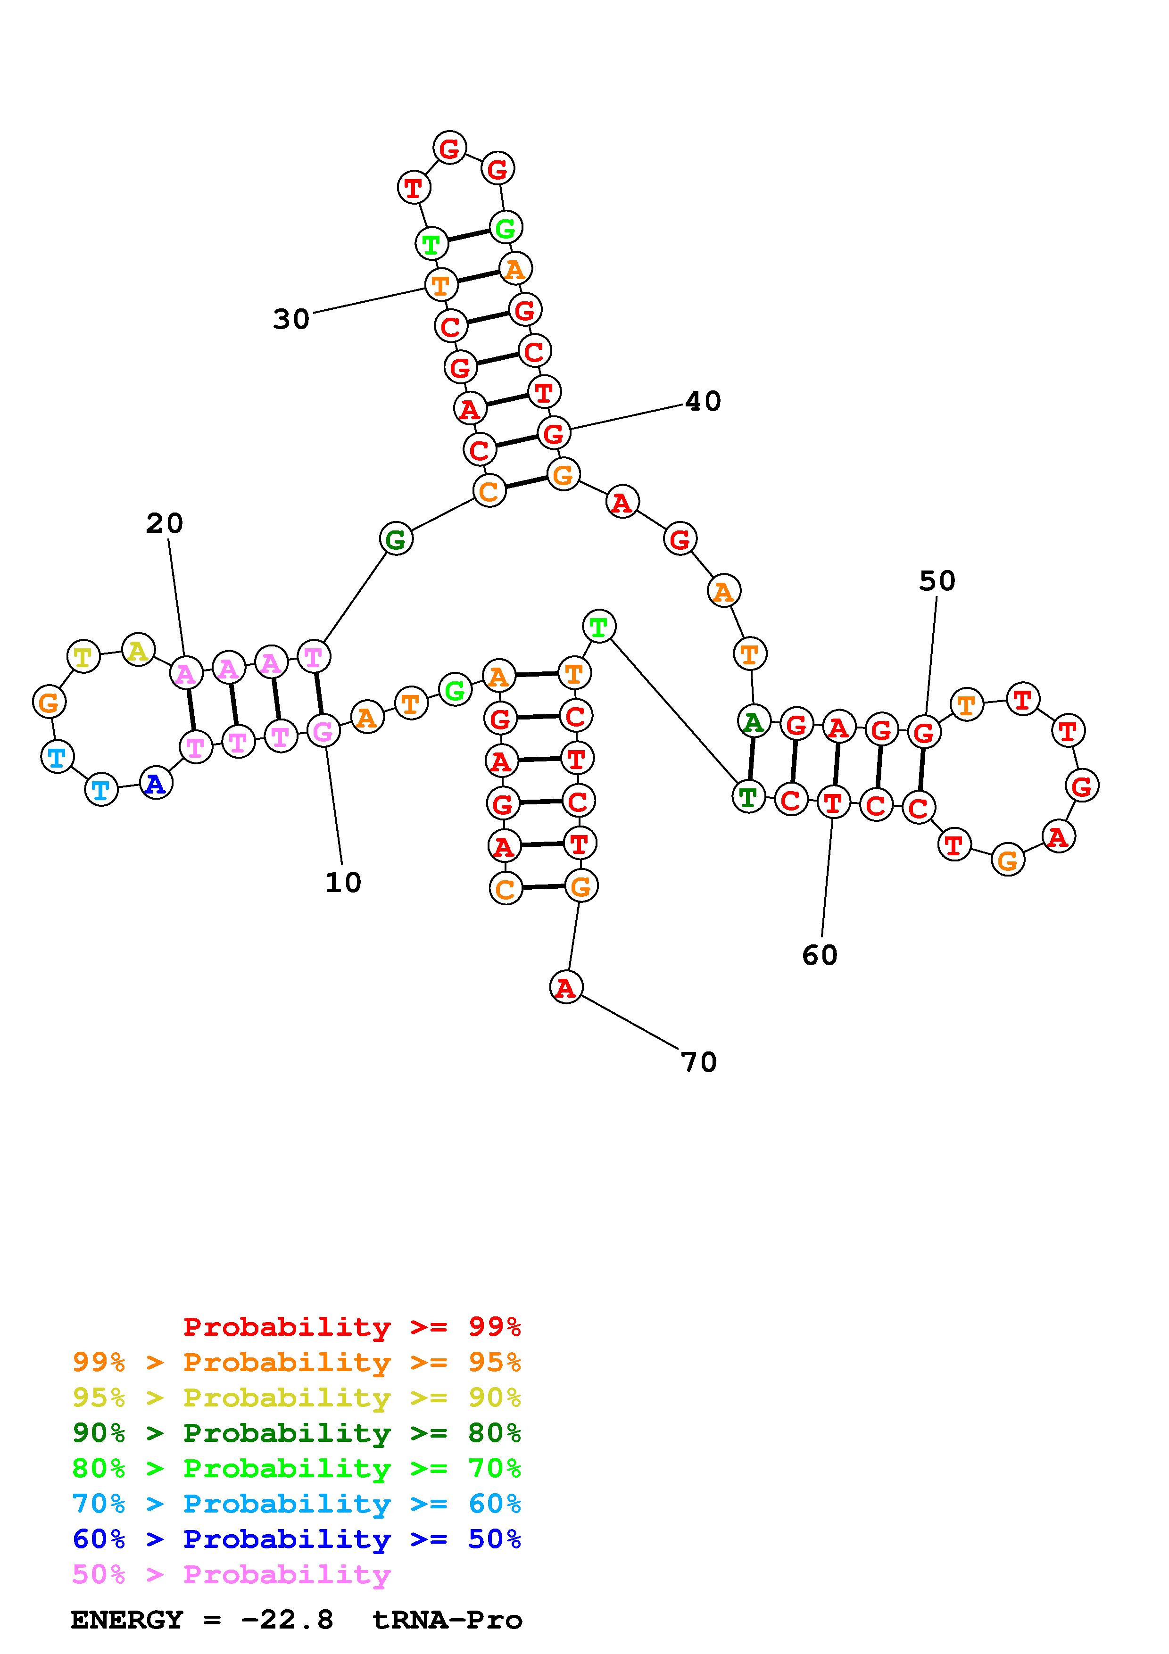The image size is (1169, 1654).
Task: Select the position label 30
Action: pyautogui.click(x=291, y=318)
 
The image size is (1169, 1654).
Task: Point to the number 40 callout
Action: pyautogui.click(x=702, y=401)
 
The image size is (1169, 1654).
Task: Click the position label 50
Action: pyautogui.click(x=937, y=580)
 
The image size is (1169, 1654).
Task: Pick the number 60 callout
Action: pyautogui.click(x=820, y=955)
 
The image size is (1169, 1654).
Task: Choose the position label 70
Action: pyautogui.click(x=699, y=1062)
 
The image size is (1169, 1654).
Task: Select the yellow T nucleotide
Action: pyautogui.click(x=83, y=657)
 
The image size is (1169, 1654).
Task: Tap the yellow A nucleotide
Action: pyautogui.click(x=138, y=651)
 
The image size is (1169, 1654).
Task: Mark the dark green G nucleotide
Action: pyautogui.click(x=396, y=539)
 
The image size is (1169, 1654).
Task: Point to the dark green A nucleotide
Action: pyautogui.click(x=754, y=721)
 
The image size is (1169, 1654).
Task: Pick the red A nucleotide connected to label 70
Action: pyautogui.click(x=566, y=987)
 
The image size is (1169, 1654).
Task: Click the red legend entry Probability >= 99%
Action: pyautogui.click(x=352, y=1327)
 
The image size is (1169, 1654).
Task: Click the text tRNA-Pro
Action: pyautogui.click(x=448, y=1620)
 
